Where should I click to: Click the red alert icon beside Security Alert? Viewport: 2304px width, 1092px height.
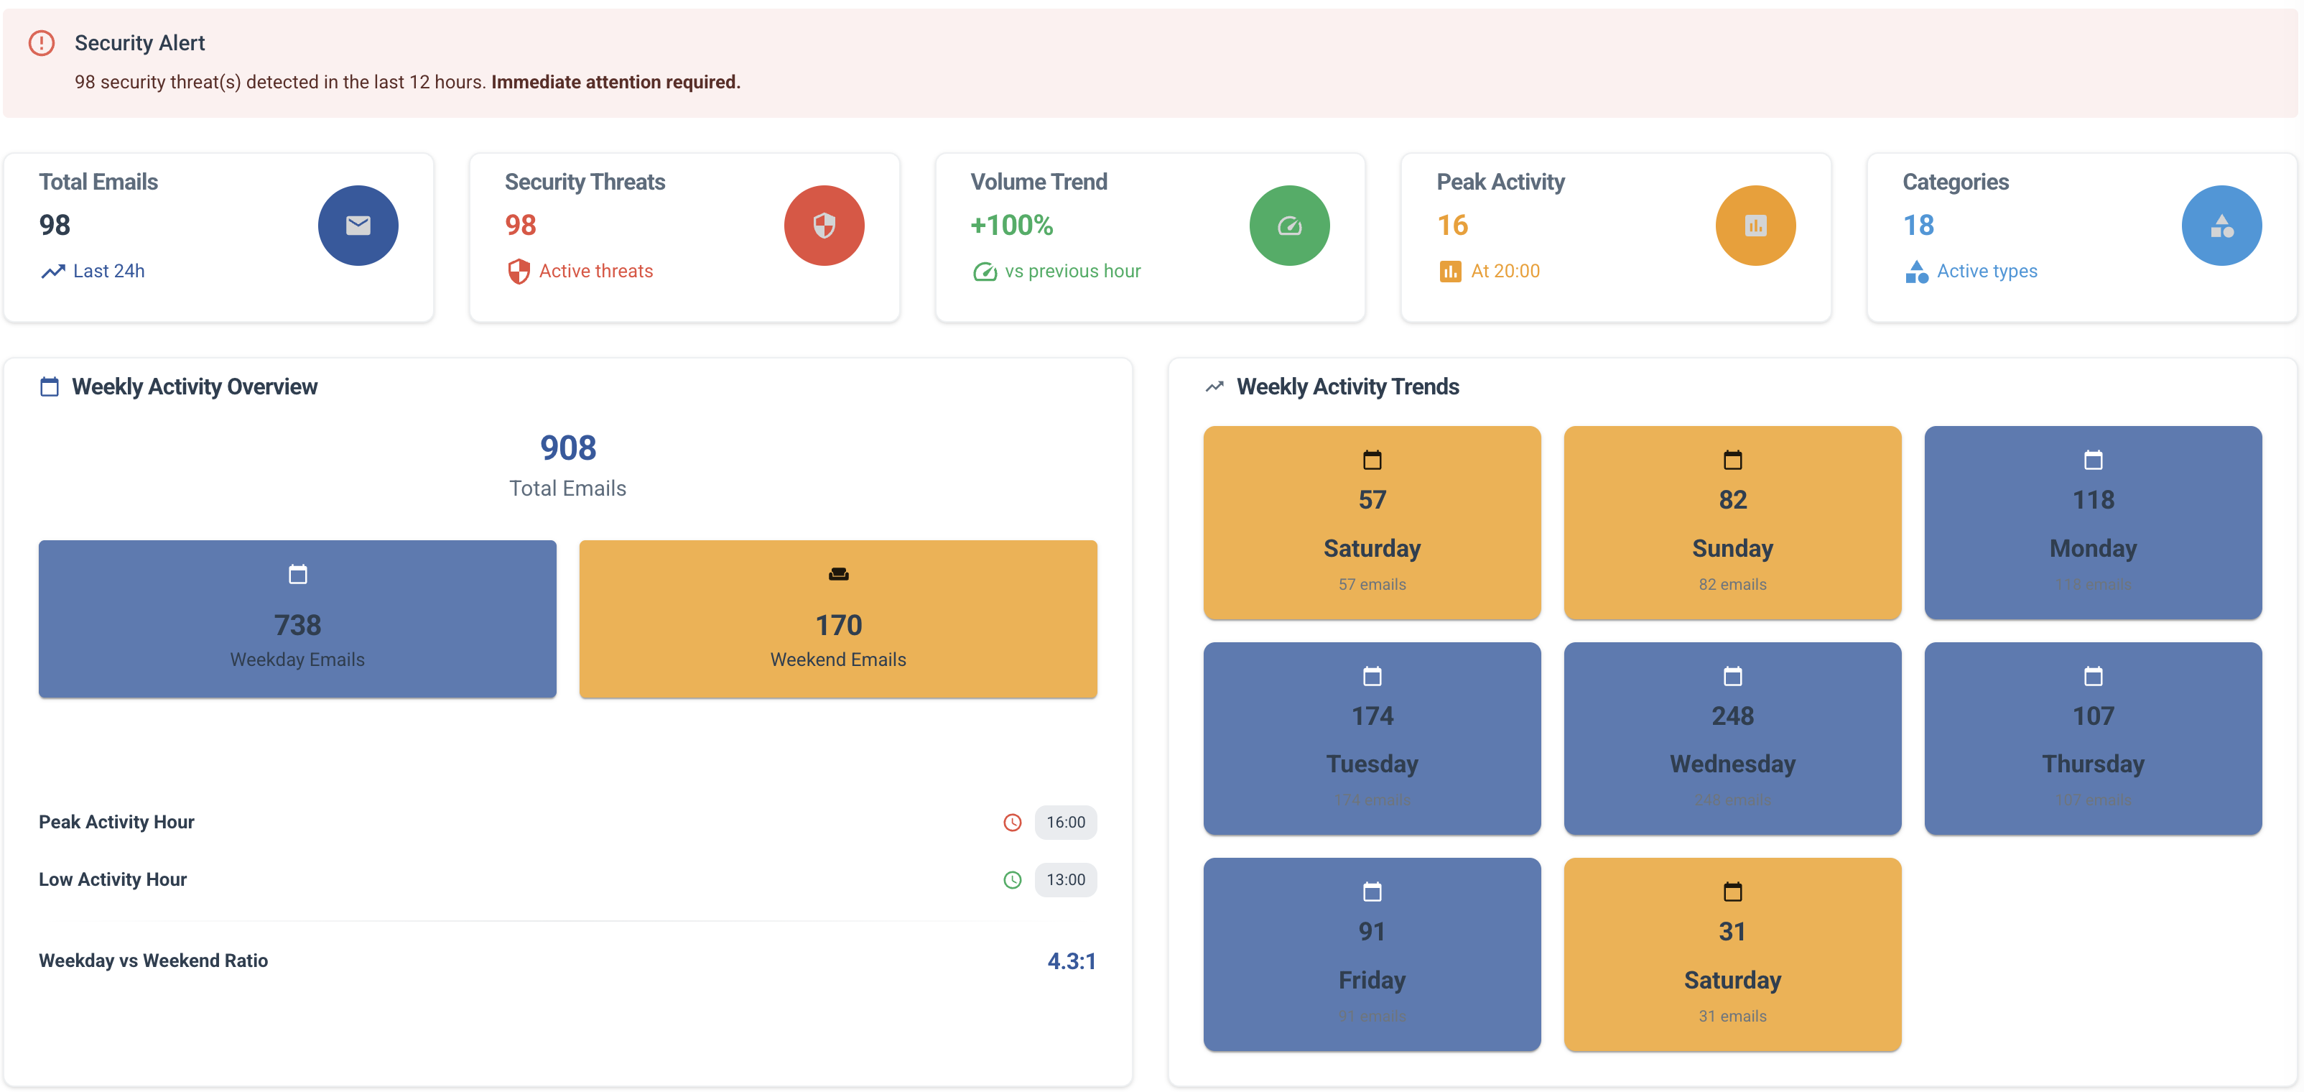point(41,43)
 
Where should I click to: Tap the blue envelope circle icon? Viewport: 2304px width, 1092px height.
point(358,226)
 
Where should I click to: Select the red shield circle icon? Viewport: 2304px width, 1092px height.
point(824,226)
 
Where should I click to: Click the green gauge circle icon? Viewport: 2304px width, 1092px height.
point(1289,226)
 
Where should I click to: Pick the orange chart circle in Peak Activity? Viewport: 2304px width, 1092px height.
point(1755,226)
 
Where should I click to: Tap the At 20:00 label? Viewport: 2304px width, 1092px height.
point(1505,271)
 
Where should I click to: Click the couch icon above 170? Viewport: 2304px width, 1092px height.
point(838,574)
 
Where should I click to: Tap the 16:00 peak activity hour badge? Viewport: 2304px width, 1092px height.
point(1065,822)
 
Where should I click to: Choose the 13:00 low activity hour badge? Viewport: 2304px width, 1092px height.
point(1065,880)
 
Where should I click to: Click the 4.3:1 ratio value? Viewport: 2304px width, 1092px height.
point(1071,961)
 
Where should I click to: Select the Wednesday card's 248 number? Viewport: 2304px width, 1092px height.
point(1732,716)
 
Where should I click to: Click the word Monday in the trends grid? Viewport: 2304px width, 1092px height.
point(2092,548)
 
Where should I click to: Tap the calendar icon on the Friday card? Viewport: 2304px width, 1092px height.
point(1371,892)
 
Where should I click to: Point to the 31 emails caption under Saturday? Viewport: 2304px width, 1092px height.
point(1732,1016)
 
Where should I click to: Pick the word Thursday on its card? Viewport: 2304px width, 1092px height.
point(2092,764)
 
